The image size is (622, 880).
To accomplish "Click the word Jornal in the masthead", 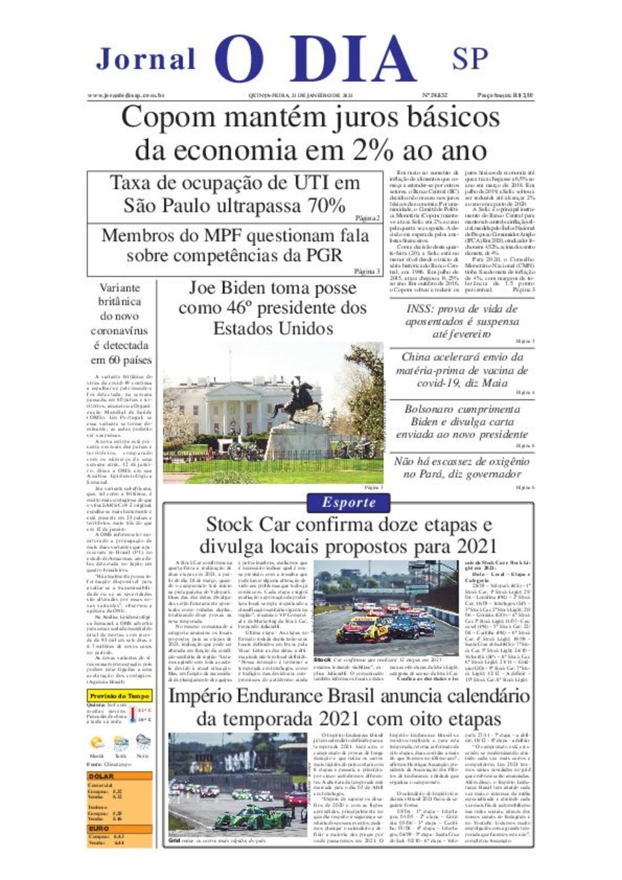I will click(146, 60).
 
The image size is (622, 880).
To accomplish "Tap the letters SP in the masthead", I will click(470, 60).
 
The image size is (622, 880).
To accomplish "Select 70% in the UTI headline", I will click(327, 205).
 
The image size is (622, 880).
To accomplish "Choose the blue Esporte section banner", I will click(349, 503).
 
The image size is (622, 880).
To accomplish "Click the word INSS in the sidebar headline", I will click(420, 309).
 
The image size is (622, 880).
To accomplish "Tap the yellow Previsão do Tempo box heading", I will click(119, 695).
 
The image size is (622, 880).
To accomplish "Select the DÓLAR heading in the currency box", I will click(101, 776).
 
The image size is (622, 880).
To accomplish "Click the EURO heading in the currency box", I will click(99, 828).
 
